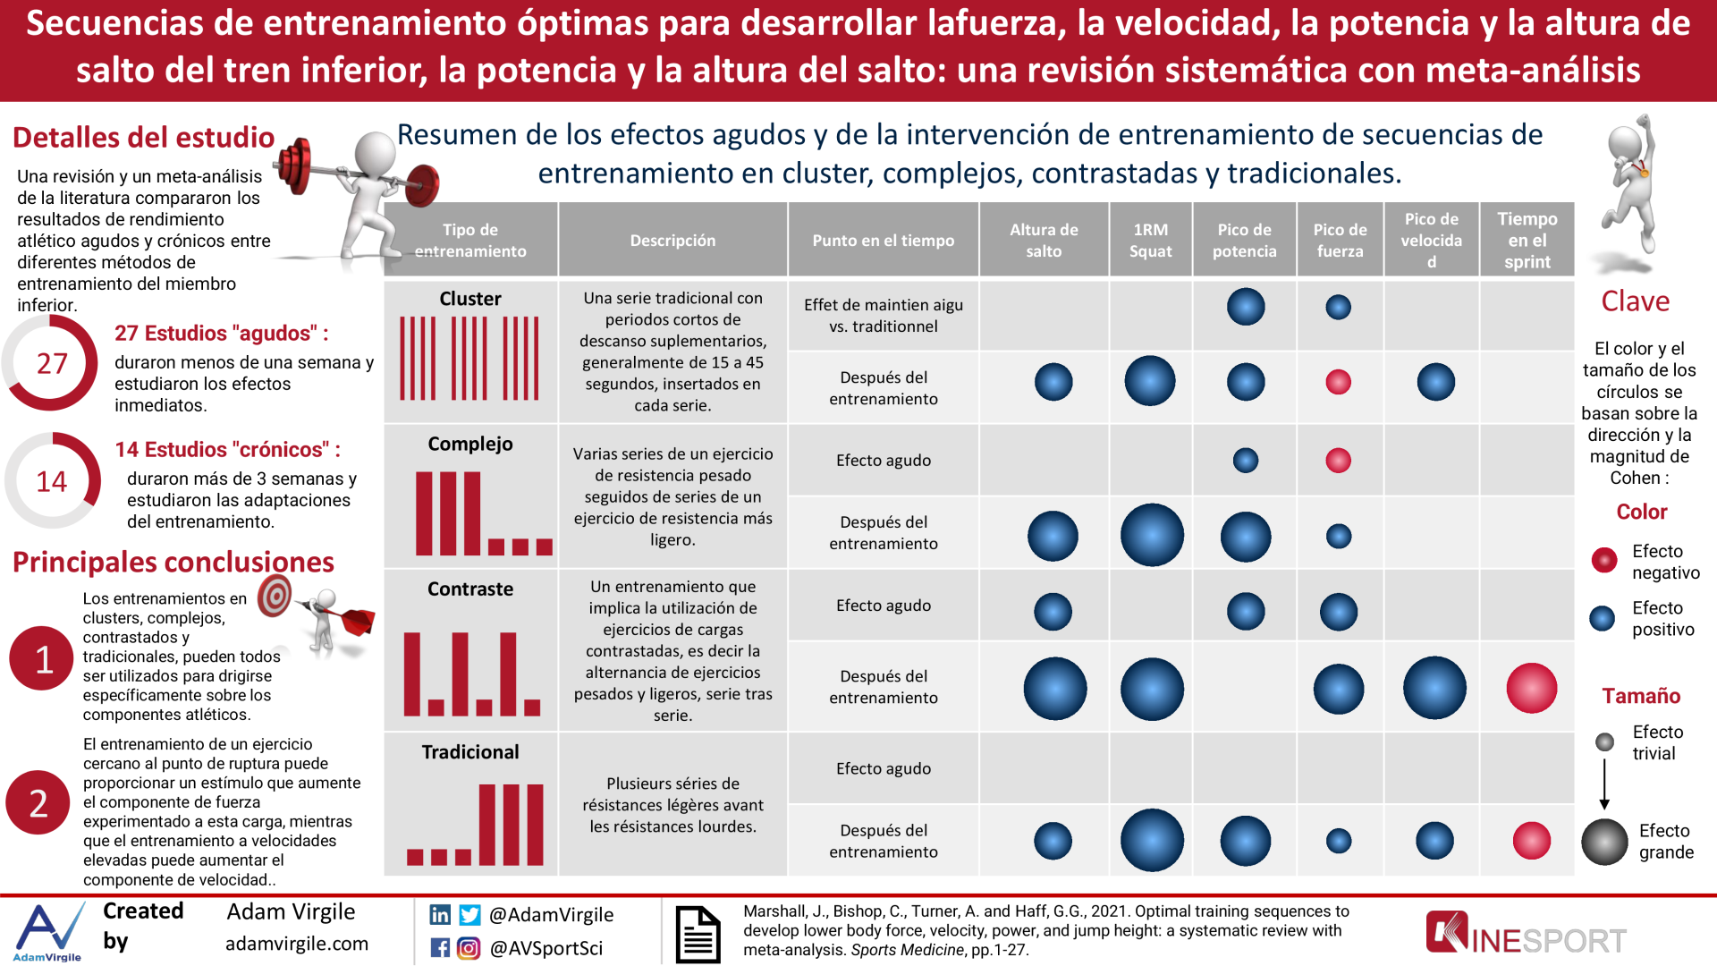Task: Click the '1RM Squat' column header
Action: (1150, 241)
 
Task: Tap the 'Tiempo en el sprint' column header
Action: (1527, 241)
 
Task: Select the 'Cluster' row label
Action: (470, 299)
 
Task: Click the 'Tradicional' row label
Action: (470, 752)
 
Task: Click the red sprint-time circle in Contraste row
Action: (1531, 688)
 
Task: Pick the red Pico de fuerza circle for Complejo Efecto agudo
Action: (1338, 461)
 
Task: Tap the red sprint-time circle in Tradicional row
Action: (1531, 841)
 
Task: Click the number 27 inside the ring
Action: (52, 364)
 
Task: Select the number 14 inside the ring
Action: (52, 482)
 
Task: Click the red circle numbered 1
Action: (42, 659)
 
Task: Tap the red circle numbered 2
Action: (38, 803)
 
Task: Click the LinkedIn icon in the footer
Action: (440, 914)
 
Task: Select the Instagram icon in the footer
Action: (468, 948)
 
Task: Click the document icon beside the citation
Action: (698, 935)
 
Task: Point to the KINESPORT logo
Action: (1526, 936)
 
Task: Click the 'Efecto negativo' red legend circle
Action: (1604, 561)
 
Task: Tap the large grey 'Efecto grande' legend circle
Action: (1604, 842)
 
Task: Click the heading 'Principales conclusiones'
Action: (173, 562)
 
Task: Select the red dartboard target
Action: (275, 596)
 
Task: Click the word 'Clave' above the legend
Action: (1635, 301)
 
